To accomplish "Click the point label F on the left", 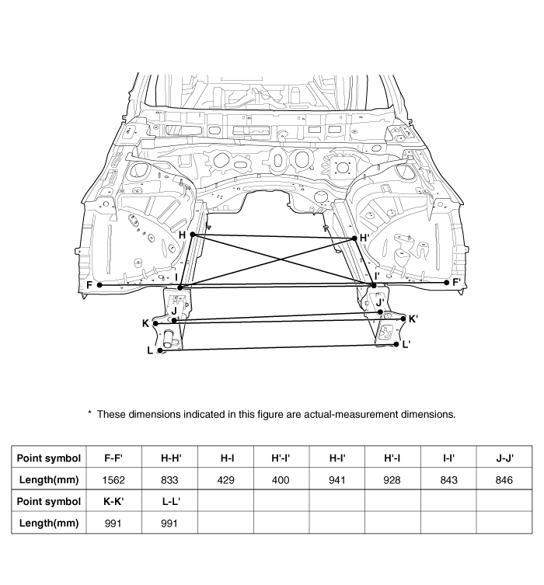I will (x=90, y=285).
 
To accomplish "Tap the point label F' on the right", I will (x=457, y=282).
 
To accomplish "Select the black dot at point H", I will (x=192, y=234).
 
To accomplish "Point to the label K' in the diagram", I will (x=413, y=319).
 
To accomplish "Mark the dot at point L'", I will (x=396, y=344).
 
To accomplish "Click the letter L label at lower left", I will (x=150, y=350).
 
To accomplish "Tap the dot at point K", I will (x=156, y=323).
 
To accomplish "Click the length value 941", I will (x=337, y=480).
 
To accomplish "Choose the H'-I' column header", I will (x=281, y=458).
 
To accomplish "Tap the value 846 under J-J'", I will (x=504, y=480).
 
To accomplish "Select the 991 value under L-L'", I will (x=169, y=523).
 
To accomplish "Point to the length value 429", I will (x=225, y=480).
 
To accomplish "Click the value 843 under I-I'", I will (x=448, y=480).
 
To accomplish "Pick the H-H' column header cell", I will (x=169, y=458).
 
